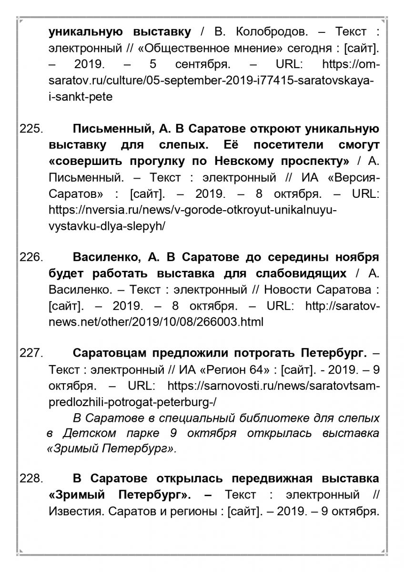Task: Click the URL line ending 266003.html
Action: click(156, 322)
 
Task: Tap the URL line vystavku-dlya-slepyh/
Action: click(107, 226)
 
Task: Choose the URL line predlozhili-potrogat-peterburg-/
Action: click(132, 402)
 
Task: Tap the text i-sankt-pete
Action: click(81, 96)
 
